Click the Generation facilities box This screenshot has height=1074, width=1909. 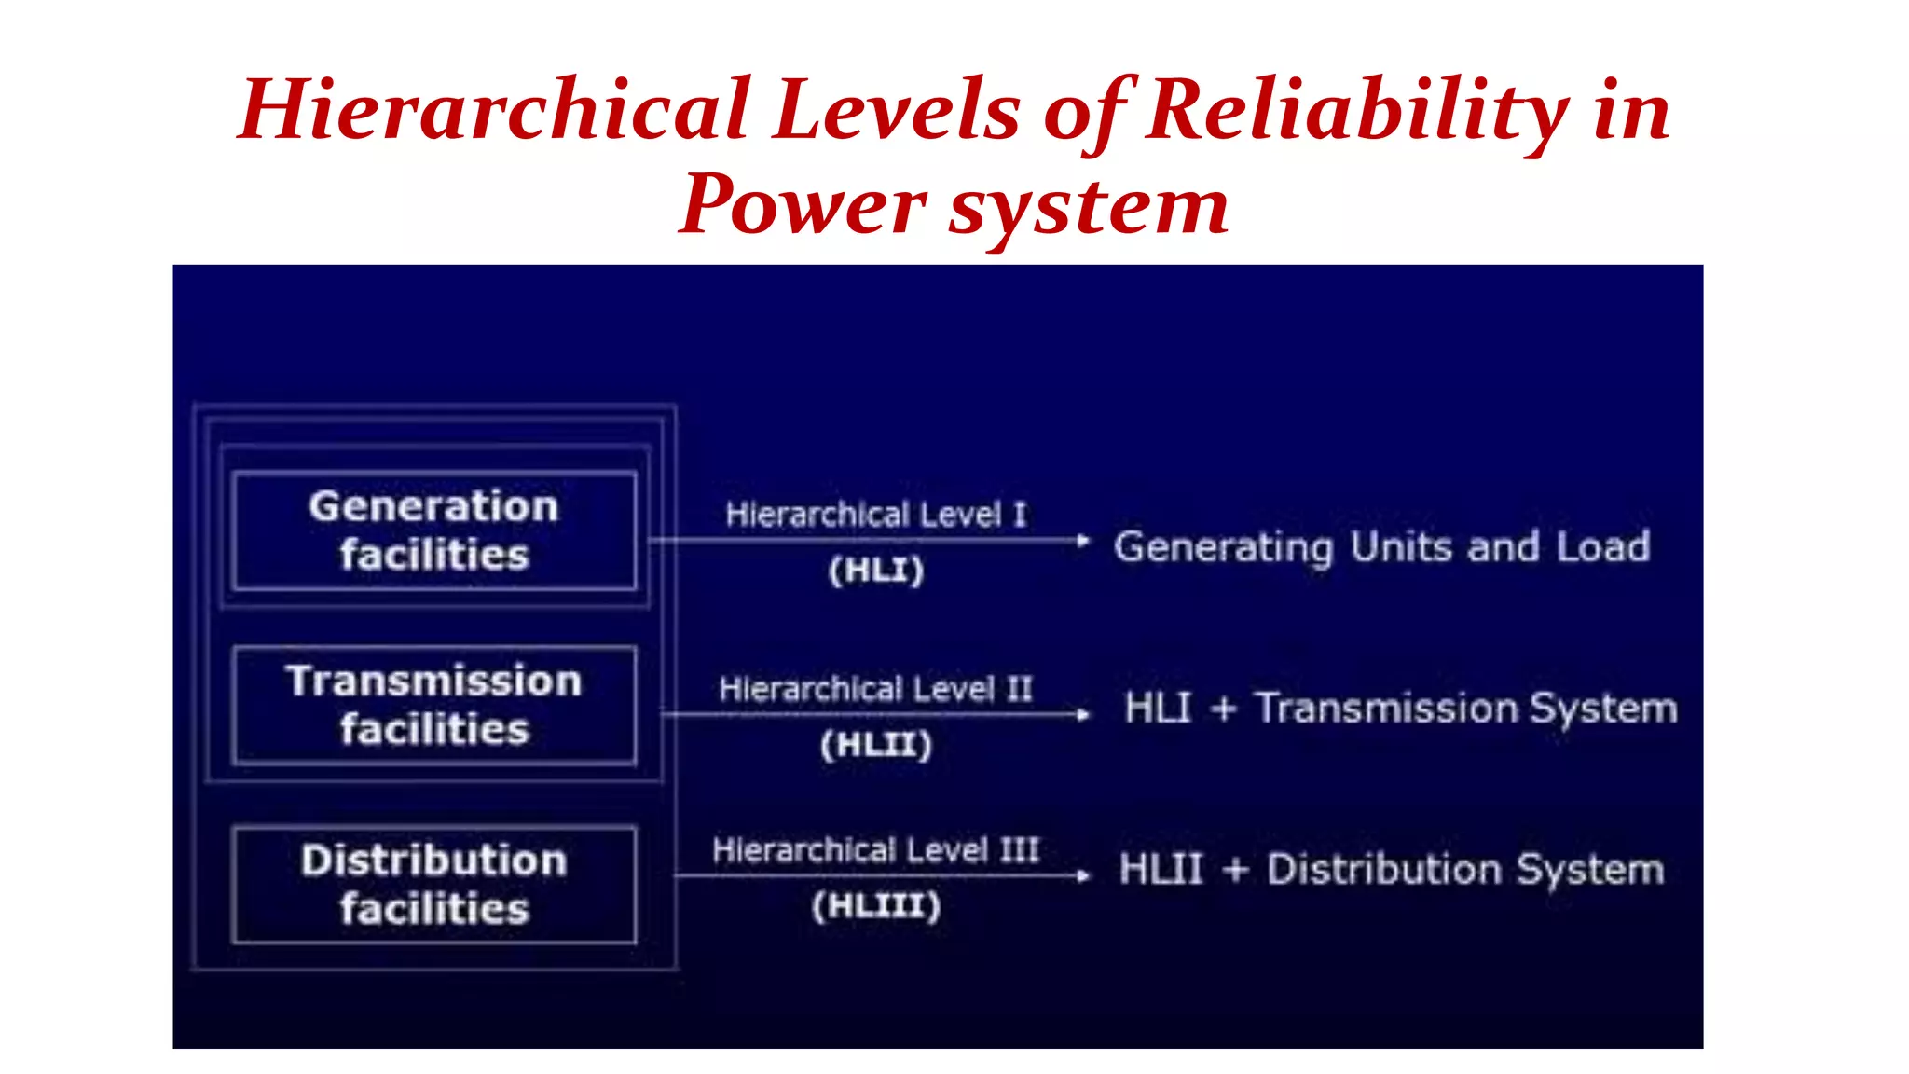click(434, 530)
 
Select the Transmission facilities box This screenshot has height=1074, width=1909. click(434, 705)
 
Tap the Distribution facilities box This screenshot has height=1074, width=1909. click(434, 884)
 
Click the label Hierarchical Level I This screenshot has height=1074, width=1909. click(875, 514)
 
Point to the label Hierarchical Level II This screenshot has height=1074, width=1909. click(875, 689)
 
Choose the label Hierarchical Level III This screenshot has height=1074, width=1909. click(875, 849)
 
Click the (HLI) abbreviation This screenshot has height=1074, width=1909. click(876, 570)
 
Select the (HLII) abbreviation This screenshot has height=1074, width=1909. click(876, 744)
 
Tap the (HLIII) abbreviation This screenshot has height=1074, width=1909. click(876, 905)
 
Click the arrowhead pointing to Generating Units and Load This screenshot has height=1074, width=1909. click(1082, 540)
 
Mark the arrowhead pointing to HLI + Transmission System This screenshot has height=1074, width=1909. click(1082, 715)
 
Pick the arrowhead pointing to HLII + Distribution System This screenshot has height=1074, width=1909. click(1082, 875)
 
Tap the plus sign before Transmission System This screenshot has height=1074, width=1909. click(1223, 709)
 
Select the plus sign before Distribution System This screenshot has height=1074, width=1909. click(1235, 870)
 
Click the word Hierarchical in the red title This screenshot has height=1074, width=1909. click(494, 110)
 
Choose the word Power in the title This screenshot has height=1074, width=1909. click(803, 205)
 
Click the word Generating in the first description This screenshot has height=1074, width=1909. click(1223, 547)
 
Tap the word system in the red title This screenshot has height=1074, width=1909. click(1089, 207)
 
